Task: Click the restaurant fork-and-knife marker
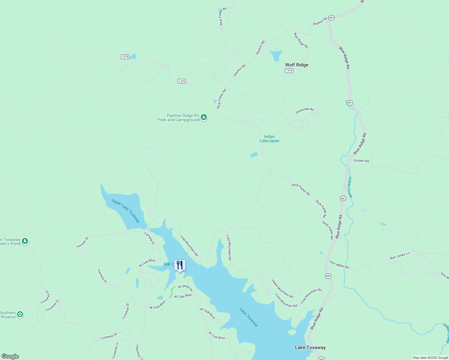180,265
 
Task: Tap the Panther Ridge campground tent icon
204,117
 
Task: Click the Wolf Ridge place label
297,65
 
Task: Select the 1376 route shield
289,70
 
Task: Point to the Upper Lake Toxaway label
126,211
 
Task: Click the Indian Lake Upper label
270,139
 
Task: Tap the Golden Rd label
361,161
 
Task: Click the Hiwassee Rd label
304,111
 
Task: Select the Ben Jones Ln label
399,256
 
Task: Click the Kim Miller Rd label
339,265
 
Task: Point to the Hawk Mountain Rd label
282,289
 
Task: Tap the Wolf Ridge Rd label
301,40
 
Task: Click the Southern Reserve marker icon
20,314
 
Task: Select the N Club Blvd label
147,262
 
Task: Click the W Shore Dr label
185,288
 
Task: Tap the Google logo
10,356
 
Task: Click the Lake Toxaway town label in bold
310,347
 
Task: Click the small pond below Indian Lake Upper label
254,155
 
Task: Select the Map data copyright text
430,358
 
